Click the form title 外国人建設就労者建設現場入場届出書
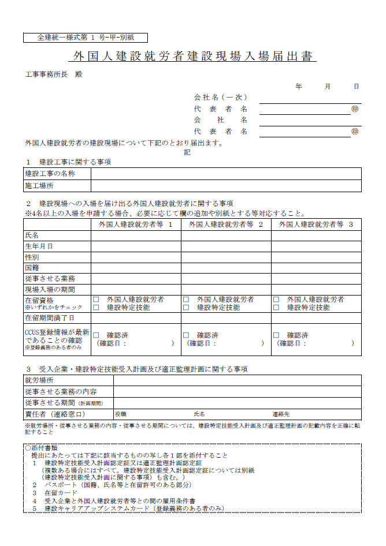click(192, 57)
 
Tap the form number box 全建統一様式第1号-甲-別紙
click(86, 38)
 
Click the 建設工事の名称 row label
click(50, 173)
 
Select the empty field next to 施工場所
click(226, 186)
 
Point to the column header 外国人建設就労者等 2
click(226, 224)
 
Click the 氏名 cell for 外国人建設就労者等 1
click(136, 235)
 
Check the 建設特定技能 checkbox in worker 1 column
click(96, 308)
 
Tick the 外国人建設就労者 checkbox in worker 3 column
click(276, 300)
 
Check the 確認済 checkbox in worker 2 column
click(186, 335)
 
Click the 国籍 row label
click(32, 268)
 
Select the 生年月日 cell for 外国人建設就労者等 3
click(316, 246)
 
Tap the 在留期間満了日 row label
click(50, 318)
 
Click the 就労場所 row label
click(39, 380)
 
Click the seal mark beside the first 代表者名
click(355, 109)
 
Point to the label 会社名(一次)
click(220, 97)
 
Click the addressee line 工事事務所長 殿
click(52, 75)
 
